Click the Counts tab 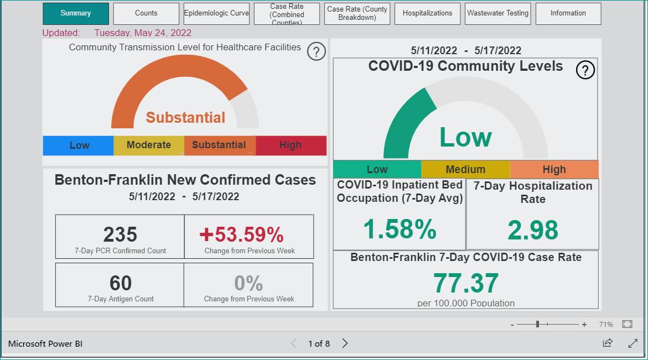[x=146, y=13]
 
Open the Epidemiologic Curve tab [x=216, y=13]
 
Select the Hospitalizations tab [x=427, y=13]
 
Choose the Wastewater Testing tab [x=497, y=13]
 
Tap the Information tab [x=568, y=13]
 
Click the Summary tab [x=76, y=13]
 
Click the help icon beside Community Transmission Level [x=316, y=51]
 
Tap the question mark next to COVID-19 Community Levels [x=585, y=70]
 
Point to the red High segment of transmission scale [x=291, y=145]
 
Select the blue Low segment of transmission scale [x=78, y=145]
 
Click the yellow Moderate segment [x=149, y=145]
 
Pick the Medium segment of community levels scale [x=465, y=169]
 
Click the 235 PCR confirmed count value [x=120, y=234]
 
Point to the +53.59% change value [x=241, y=234]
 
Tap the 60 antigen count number [x=120, y=283]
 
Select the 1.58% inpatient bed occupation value [x=400, y=229]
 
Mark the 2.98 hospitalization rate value [x=533, y=230]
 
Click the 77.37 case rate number [x=466, y=283]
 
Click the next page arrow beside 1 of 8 [x=345, y=343]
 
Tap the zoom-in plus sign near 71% [x=584, y=325]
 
